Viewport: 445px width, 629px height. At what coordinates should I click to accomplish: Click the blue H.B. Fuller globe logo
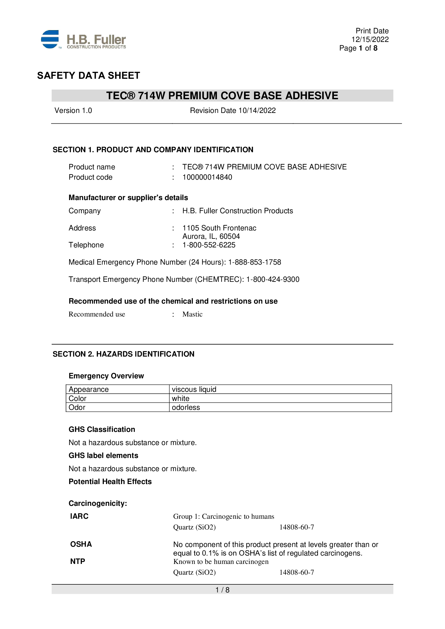50,40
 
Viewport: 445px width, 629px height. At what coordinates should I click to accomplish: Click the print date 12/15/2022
370,40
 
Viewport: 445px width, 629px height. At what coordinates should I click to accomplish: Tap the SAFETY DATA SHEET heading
89,76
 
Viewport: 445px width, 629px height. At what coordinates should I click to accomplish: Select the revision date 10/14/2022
257,111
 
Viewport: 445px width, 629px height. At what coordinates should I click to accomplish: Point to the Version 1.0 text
73,111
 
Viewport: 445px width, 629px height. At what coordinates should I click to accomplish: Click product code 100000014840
207,177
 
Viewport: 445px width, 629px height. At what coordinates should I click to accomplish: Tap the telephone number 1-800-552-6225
209,245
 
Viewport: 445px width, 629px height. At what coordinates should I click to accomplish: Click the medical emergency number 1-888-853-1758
255,262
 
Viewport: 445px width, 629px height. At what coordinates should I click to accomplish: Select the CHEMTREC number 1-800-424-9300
273,279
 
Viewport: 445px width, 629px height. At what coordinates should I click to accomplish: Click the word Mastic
192,314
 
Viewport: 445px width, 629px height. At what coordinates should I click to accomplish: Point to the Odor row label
77,407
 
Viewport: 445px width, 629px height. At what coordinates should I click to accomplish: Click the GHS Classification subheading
102,429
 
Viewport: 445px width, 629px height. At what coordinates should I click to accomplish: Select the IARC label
79,516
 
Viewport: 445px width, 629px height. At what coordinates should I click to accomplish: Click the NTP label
77,561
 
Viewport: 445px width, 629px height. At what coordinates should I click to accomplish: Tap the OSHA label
81,544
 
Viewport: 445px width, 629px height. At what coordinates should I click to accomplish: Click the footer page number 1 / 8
222,590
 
